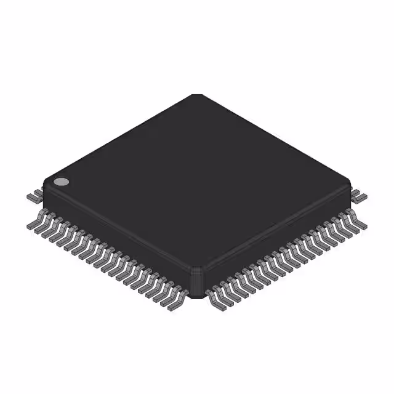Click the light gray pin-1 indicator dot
coord(61,182)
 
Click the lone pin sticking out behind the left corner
coord(34,196)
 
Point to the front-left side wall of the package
coord(117,234)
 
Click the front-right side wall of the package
coord(277,234)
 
